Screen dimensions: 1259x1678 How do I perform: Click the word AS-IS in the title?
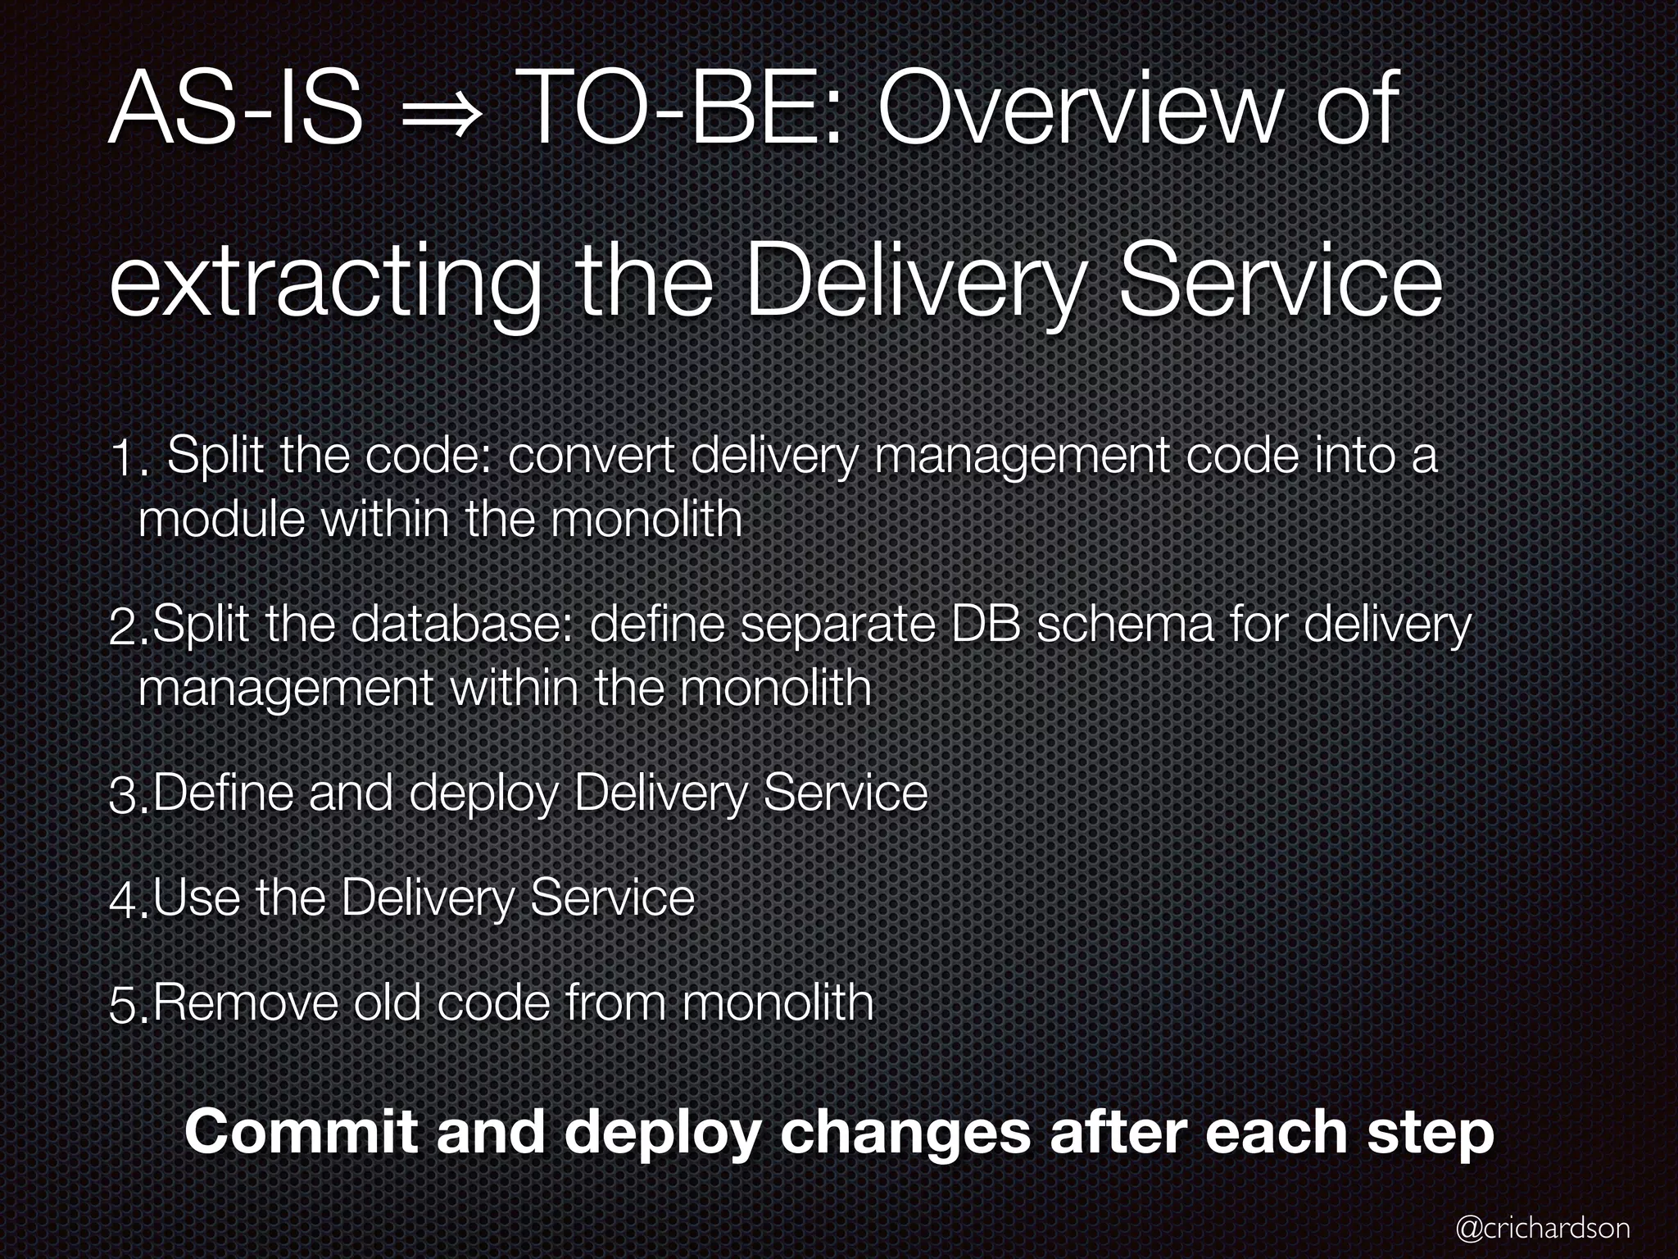point(236,110)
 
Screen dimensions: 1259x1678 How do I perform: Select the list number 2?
point(127,629)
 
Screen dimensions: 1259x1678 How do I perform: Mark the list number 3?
point(127,798)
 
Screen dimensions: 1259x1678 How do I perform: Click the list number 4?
point(127,901)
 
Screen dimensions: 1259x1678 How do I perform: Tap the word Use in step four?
point(196,898)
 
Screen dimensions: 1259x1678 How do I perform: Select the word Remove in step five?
point(245,1002)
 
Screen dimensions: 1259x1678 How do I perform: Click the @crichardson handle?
point(1542,1228)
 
